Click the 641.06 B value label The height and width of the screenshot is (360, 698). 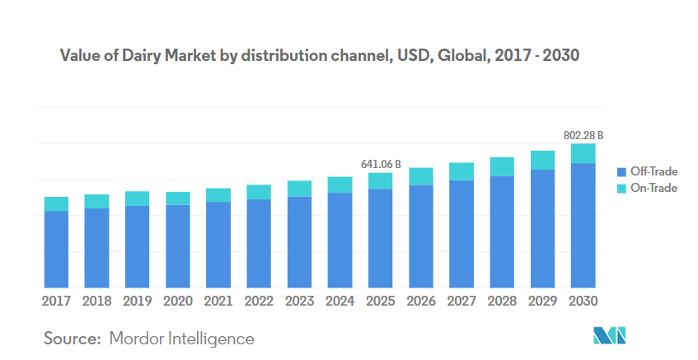[381, 164]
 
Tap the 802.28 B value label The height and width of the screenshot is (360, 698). [583, 134]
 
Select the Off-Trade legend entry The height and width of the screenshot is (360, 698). [653, 171]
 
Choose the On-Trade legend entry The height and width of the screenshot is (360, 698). [653, 188]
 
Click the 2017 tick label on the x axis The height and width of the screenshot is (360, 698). [56, 301]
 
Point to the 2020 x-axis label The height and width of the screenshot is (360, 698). [178, 301]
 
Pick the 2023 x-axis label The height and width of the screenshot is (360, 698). [299, 301]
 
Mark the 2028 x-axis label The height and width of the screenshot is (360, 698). [502, 301]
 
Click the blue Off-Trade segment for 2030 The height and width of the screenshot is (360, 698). [583, 225]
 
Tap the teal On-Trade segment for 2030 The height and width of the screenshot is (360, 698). [583, 153]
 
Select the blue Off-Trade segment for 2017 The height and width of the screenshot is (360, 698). [56, 249]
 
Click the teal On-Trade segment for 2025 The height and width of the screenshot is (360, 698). [381, 181]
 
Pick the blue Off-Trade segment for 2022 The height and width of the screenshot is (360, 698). [259, 243]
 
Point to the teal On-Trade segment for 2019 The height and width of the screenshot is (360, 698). [138, 199]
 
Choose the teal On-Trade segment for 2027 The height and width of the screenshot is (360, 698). [461, 171]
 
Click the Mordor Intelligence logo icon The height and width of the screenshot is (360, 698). [611, 335]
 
